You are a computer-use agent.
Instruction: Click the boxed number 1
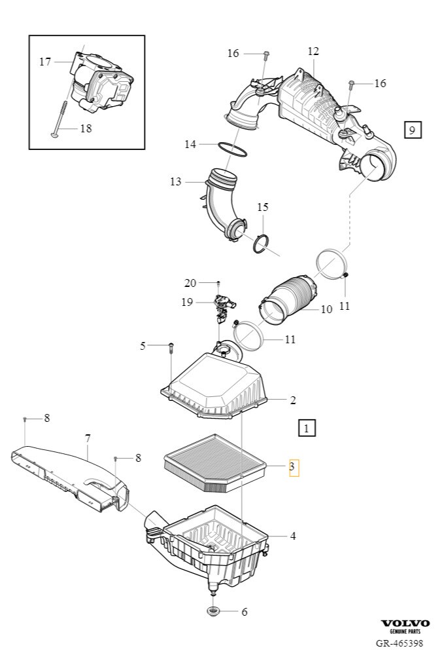click(x=306, y=428)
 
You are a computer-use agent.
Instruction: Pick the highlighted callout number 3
click(x=294, y=467)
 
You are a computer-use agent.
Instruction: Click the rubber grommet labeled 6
click(x=214, y=612)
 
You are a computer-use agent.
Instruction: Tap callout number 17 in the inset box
click(x=45, y=62)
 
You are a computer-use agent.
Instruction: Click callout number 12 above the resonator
click(x=313, y=51)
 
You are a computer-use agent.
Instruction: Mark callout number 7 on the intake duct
click(x=87, y=438)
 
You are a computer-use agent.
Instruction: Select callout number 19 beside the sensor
click(x=187, y=302)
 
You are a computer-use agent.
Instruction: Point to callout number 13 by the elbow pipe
click(x=176, y=181)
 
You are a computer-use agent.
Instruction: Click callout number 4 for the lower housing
click(x=293, y=536)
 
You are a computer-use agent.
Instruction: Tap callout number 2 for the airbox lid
click(x=293, y=400)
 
